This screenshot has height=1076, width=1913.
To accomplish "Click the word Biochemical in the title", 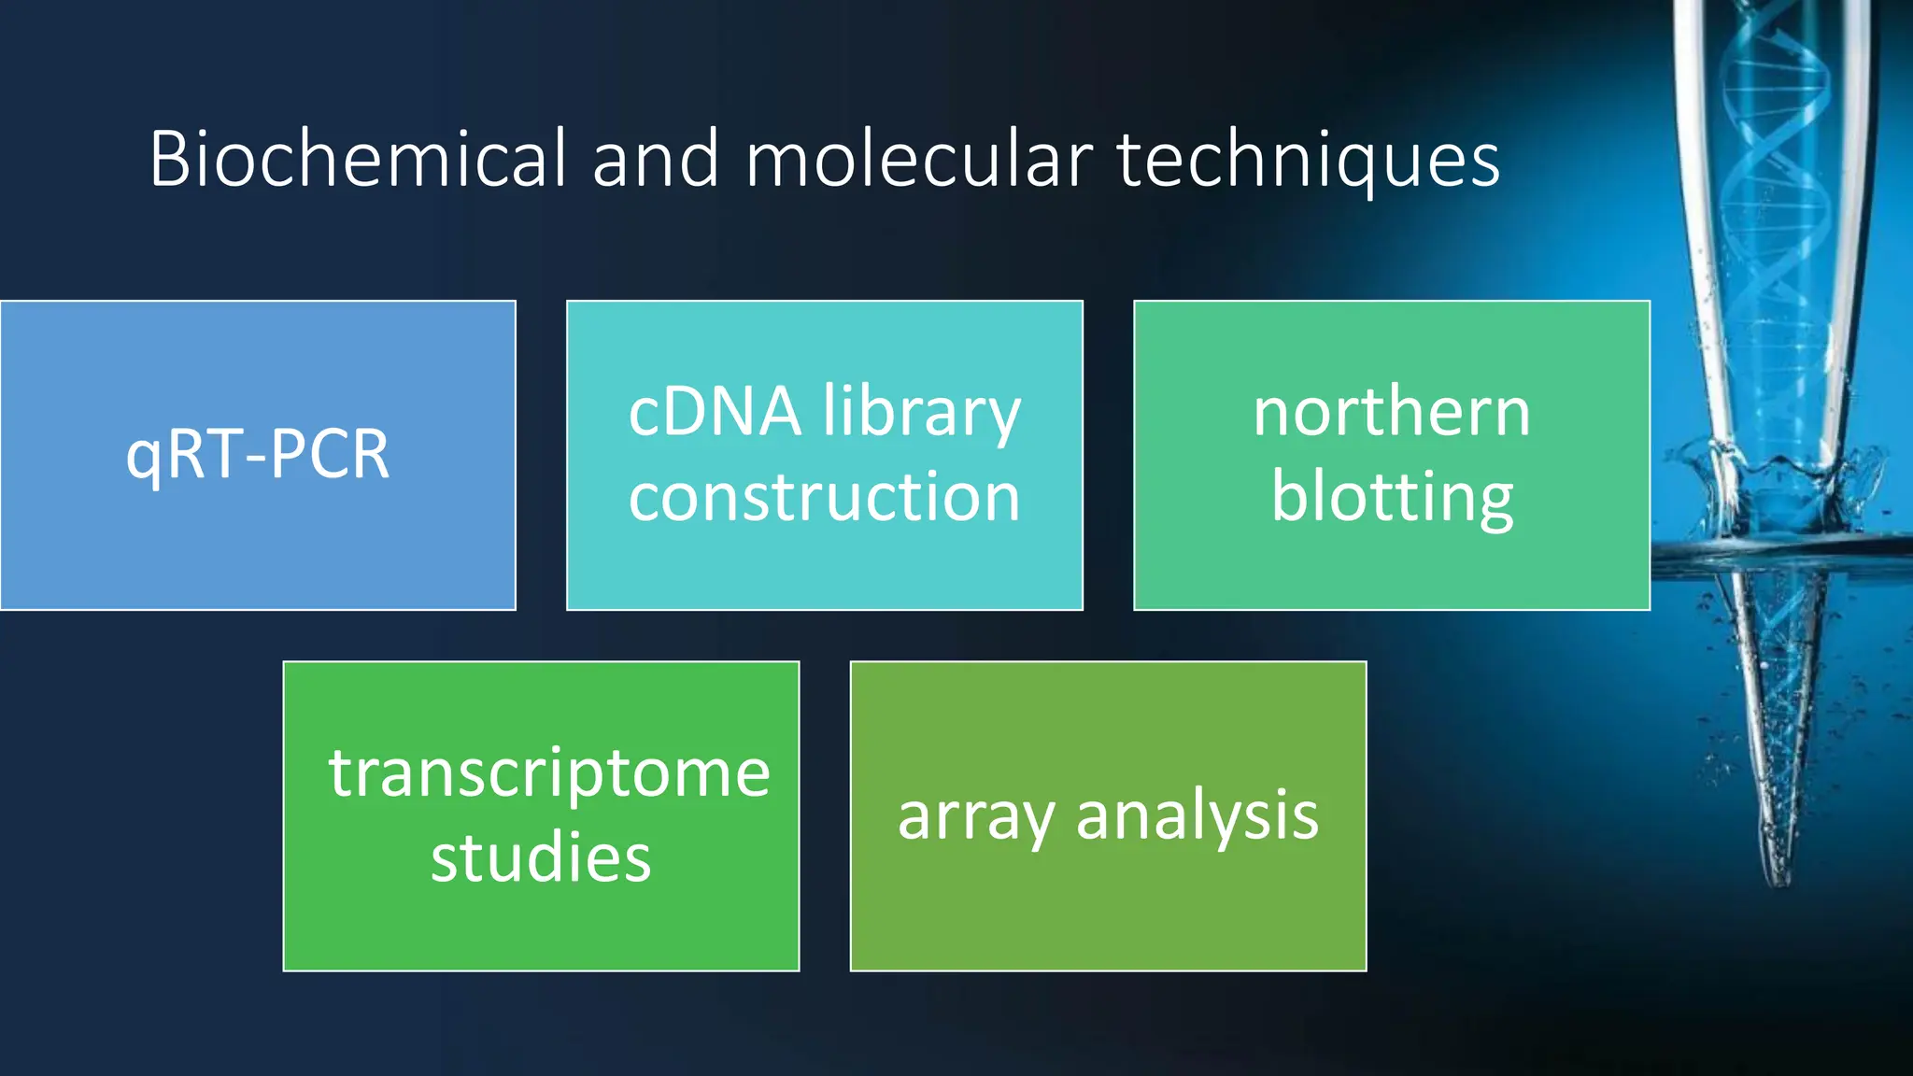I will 358,159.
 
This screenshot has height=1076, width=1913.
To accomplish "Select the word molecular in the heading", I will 918,159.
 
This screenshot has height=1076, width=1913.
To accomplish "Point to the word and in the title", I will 656,159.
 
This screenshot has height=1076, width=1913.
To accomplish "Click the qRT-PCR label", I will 258,455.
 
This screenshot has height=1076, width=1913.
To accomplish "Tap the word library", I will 922,414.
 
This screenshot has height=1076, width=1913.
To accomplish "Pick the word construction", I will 824,497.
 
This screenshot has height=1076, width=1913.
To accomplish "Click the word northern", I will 1392,412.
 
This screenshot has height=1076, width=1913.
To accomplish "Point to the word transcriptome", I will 549,774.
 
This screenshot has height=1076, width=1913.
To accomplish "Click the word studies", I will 541,857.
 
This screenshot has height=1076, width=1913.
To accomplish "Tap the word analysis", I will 1197,814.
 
